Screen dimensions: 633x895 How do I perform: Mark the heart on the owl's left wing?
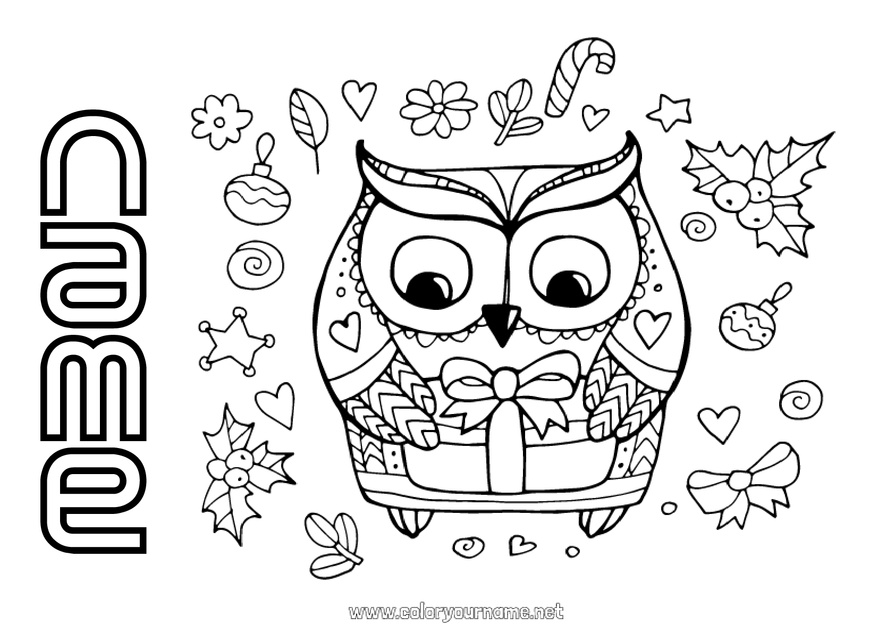click(x=344, y=330)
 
